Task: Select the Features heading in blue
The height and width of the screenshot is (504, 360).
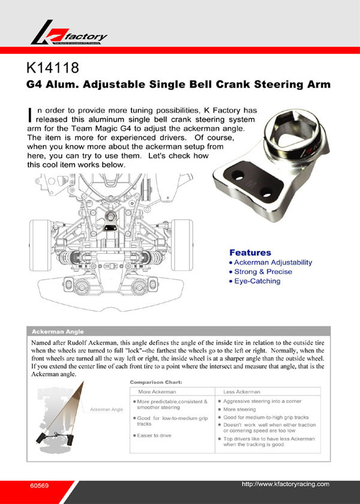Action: (250, 253)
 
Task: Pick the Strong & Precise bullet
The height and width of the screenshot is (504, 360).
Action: (263, 272)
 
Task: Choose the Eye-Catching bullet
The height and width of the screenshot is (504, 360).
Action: (257, 281)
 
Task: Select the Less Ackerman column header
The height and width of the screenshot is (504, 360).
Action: (241, 392)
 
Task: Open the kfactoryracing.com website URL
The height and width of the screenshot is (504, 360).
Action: (285, 484)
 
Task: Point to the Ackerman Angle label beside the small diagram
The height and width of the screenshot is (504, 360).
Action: (106, 409)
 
